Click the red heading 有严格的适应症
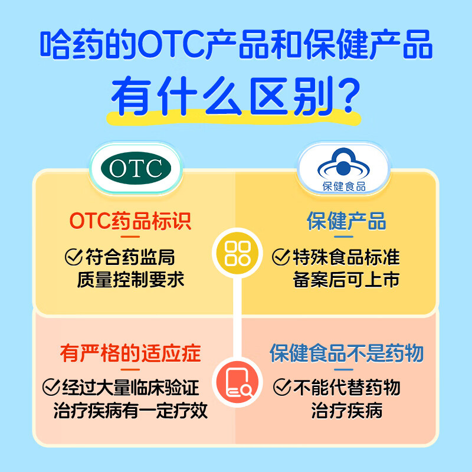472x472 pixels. (130, 353)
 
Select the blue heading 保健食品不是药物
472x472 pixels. (347, 353)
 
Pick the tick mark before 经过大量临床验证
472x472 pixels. (51, 388)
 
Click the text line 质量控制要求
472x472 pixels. (130, 279)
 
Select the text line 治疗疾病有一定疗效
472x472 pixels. (130, 410)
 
